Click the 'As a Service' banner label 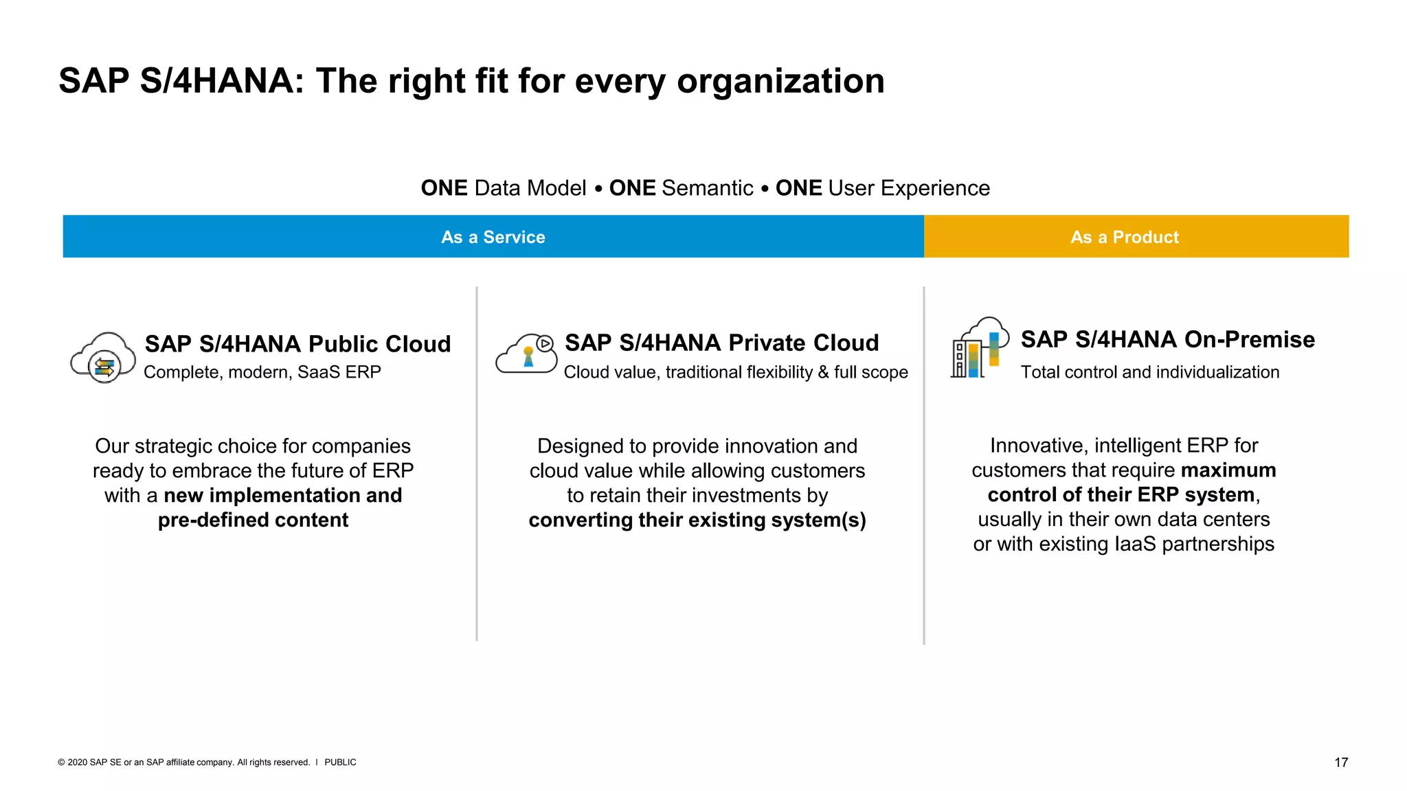coord(493,237)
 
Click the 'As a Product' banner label coord(1124,237)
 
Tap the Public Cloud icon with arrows coord(104,358)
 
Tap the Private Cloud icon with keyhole coord(527,354)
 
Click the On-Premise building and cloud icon coord(978,348)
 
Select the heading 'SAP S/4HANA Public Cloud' coord(297,343)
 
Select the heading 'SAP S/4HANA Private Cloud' coord(721,342)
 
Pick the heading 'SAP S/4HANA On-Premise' coord(1167,339)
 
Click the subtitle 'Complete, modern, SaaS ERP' coord(262,372)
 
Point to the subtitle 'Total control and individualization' coord(1149,372)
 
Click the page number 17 coord(1340,762)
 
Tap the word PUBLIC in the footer coord(340,762)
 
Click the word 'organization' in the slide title coord(780,81)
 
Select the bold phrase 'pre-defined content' coord(253,520)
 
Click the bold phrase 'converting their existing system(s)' coord(697,520)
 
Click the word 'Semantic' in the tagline coord(707,188)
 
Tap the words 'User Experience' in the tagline coord(909,188)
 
